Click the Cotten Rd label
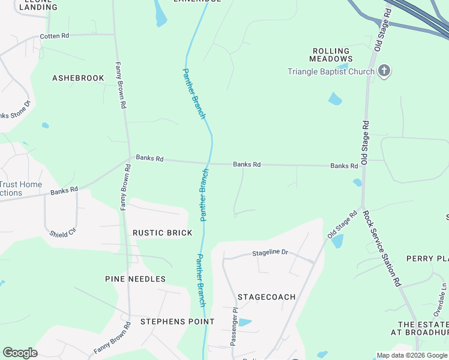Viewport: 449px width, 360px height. coord(54,36)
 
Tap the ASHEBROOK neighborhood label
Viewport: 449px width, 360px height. coord(78,78)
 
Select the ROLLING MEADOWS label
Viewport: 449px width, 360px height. coord(331,55)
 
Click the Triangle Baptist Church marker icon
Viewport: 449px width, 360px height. coord(384,71)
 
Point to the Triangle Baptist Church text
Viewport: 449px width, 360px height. coord(331,71)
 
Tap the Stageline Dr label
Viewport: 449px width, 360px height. coord(270,253)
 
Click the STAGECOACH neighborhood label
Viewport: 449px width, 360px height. coord(267,297)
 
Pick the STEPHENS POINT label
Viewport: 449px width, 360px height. coord(177,322)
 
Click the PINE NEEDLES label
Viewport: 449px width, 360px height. coord(135,279)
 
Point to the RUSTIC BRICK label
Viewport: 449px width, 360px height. coord(162,233)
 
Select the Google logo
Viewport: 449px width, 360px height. coord(20,353)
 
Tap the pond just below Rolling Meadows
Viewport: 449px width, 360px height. coord(335,99)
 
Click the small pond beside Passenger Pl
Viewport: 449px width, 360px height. coord(244,322)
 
